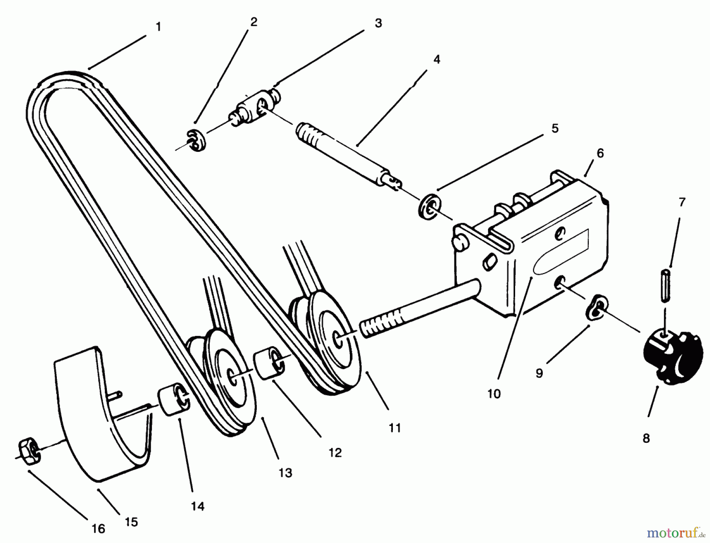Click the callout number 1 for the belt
tap(158, 27)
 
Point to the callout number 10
tap(493, 394)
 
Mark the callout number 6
tap(600, 153)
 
